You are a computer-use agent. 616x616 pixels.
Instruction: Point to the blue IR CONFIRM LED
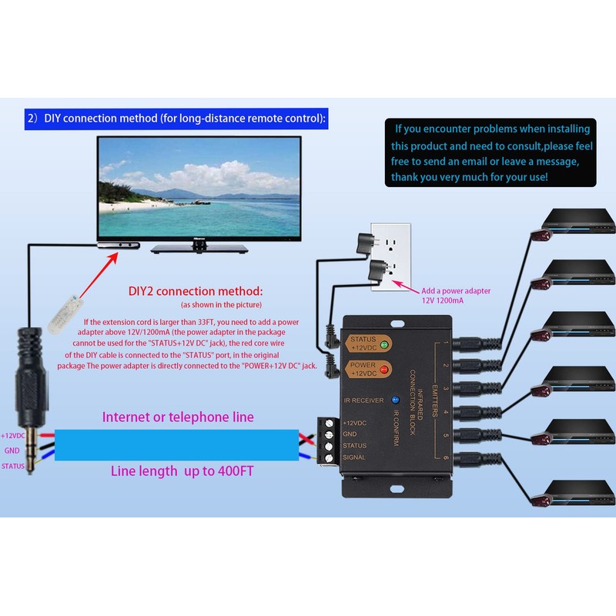pyautogui.click(x=394, y=400)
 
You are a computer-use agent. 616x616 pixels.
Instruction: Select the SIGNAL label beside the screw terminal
pyautogui.click(x=354, y=457)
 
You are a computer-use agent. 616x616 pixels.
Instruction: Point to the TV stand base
pyautogui.click(x=199, y=248)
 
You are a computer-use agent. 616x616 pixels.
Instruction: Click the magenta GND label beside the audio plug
pyautogui.click(x=12, y=450)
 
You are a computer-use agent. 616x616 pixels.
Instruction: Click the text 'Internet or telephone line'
pyautogui.click(x=178, y=417)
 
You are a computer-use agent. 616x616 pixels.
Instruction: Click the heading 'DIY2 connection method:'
pyautogui.click(x=196, y=292)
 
